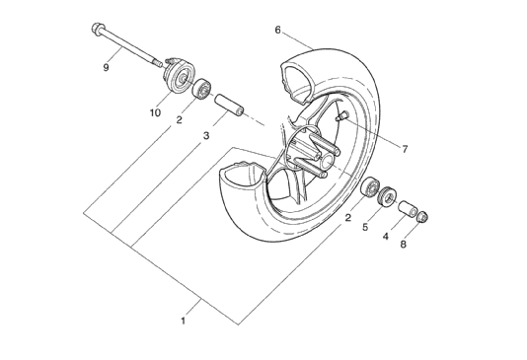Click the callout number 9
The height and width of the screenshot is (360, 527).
tap(106, 68)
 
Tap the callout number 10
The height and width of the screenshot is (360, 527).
tap(155, 113)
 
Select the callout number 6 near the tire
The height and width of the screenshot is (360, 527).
tap(277, 30)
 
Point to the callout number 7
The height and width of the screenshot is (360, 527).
tap(405, 148)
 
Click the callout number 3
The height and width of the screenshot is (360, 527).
tap(206, 136)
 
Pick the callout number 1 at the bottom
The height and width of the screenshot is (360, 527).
tap(184, 321)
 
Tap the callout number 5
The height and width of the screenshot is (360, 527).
tap(365, 227)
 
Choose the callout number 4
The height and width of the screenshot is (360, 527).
tap(386, 236)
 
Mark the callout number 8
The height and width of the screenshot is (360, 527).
tap(404, 245)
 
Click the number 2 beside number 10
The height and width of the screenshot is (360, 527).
tap(180, 119)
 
